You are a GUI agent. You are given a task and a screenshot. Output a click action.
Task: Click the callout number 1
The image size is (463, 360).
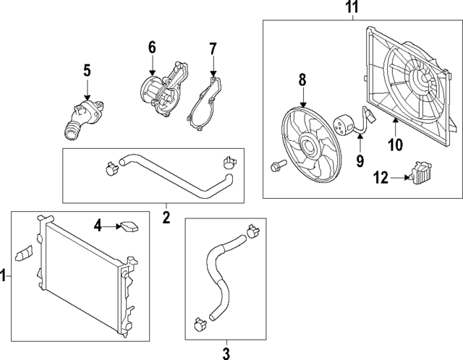click(x=4, y=275)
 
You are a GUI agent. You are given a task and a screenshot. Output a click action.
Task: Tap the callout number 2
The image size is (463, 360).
click(x=166, y=215)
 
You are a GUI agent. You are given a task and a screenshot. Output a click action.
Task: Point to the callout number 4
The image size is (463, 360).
click(x=98, y=226)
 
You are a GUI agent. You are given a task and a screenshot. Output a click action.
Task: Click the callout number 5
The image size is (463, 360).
click(x=86, y=70)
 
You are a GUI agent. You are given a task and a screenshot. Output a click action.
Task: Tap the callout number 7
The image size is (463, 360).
click(x=213, y=49)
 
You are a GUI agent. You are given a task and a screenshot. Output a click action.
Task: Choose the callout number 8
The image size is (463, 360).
click(x=302, y=79)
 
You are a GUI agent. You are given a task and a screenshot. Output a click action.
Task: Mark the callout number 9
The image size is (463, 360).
click(x=360, y=160)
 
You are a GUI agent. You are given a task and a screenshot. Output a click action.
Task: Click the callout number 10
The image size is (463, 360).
click(x=395, y=145)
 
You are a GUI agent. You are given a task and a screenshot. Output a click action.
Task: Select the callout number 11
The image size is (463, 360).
click(x=351, y=9)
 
